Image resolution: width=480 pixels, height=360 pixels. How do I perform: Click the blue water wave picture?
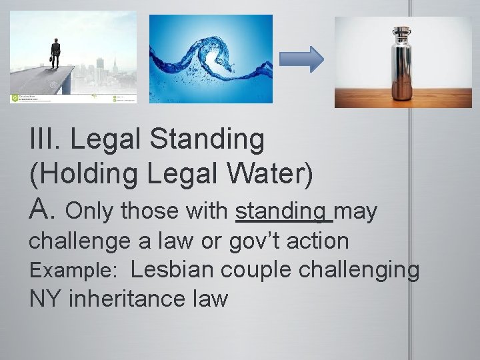tap(210, 59)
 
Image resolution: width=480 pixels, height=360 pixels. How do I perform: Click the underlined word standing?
tap(284, 211)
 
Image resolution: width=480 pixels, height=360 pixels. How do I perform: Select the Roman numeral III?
tap(45, 139)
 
